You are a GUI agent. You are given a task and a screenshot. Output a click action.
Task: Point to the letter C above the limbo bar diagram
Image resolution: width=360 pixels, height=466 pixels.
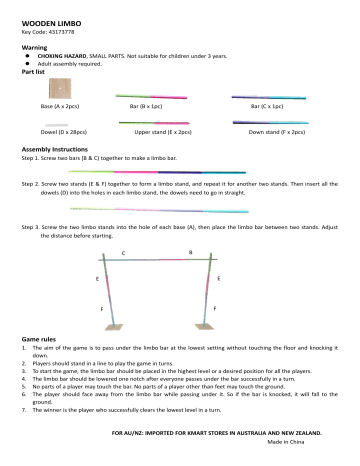click(x=123, y=253)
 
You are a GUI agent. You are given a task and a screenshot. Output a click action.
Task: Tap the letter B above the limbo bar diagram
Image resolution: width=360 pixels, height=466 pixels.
click(x=190, y=252)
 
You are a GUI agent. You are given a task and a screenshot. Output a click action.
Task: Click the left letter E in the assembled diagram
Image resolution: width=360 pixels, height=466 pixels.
click(x=97, y=277)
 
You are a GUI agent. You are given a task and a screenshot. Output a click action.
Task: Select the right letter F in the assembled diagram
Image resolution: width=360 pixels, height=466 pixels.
click(x=217, y=310)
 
